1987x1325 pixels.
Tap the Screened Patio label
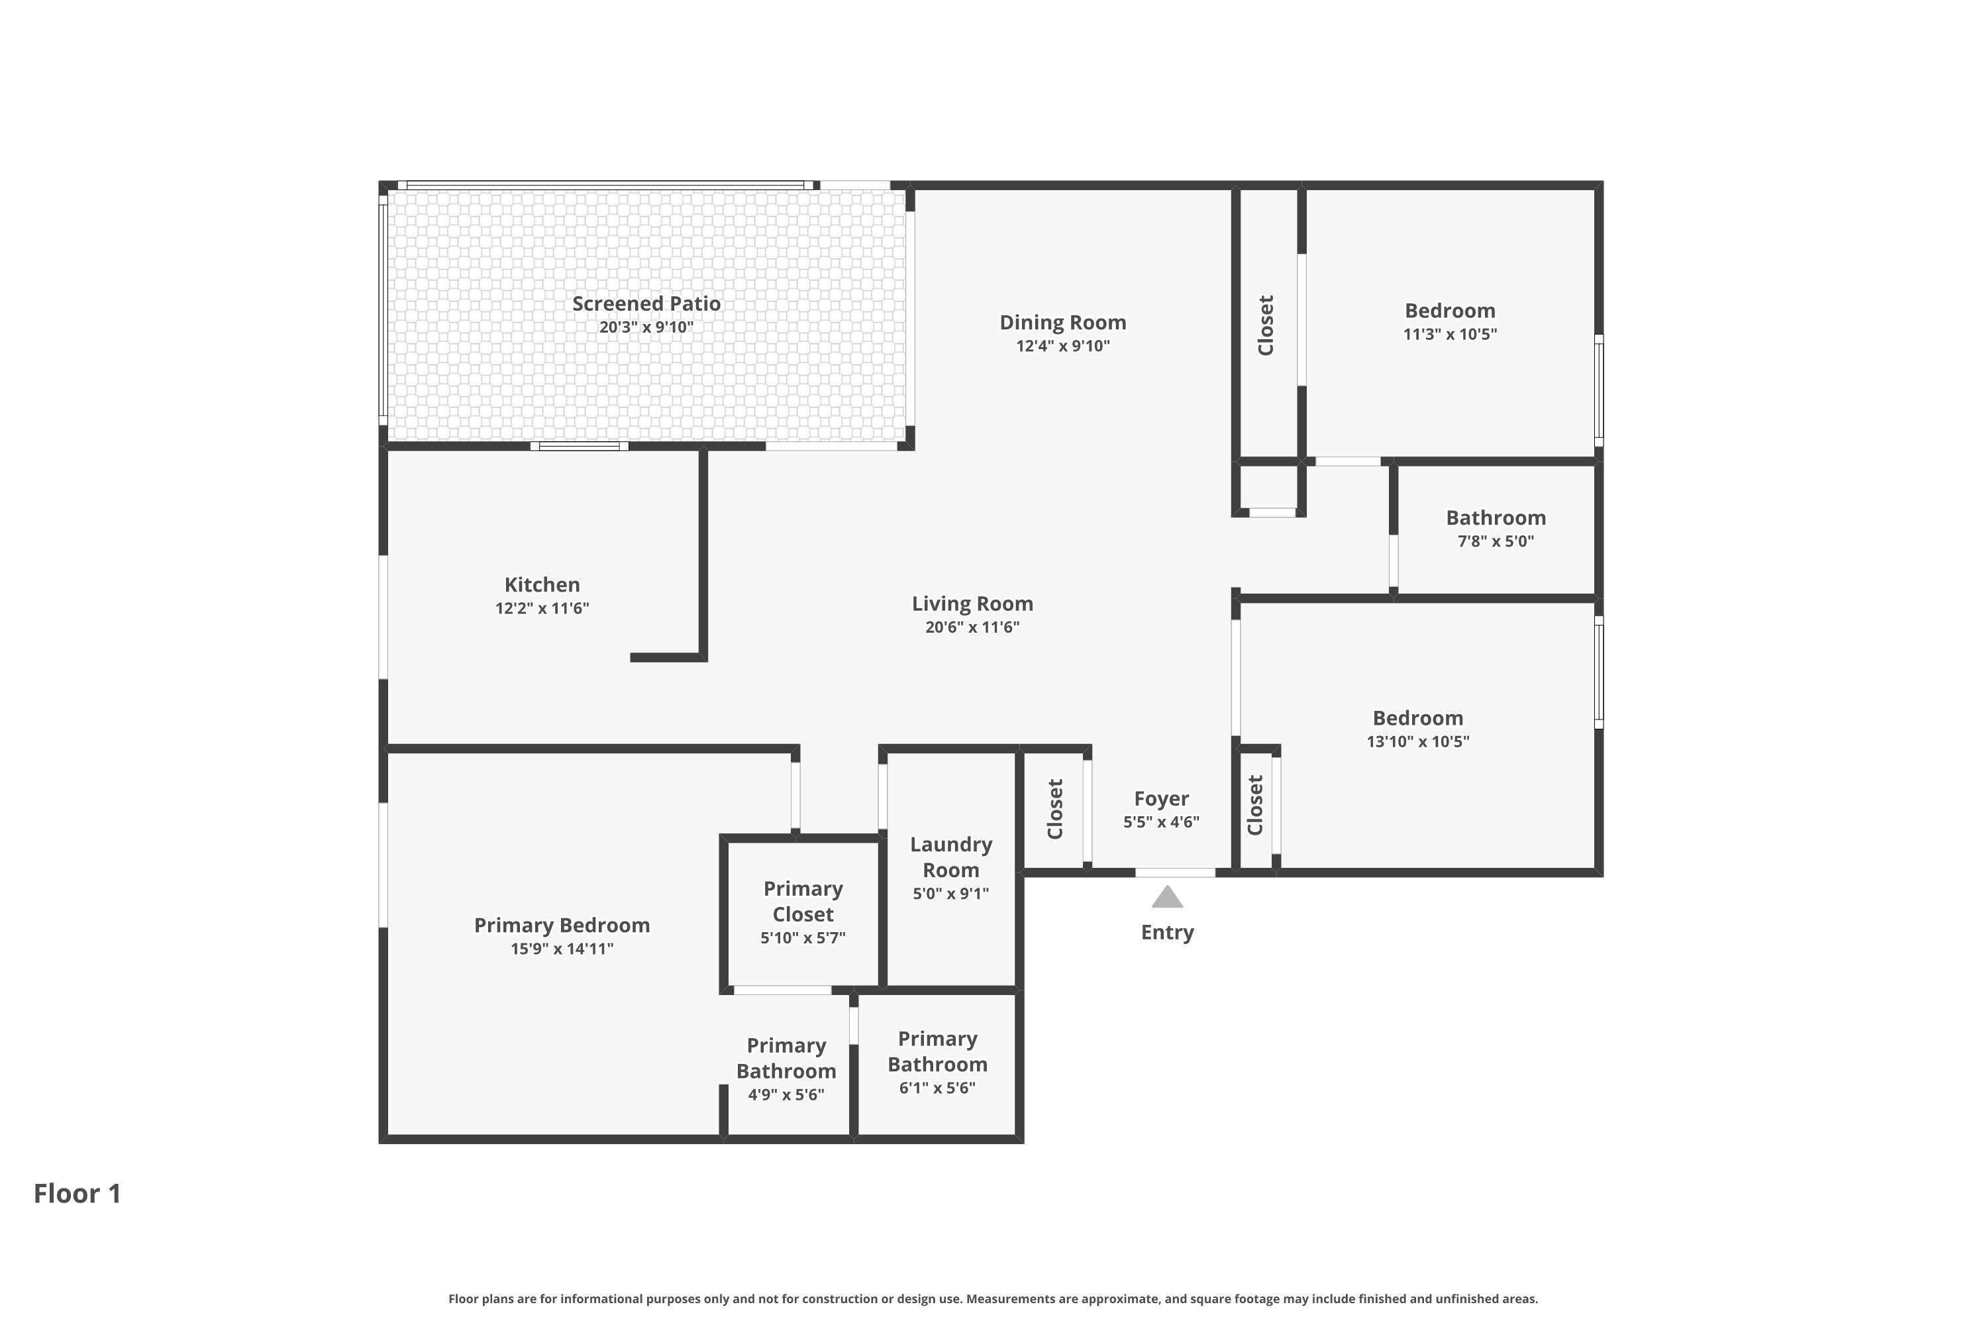(646, 303)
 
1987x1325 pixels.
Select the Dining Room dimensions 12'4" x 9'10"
(1063, 346)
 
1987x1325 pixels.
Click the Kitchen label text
(542, 585)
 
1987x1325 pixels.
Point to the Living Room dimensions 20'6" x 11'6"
(972, 627)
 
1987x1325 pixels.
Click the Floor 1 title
(77, 1193)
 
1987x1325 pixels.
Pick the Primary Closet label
(803, 902)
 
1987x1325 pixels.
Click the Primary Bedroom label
(562, 926)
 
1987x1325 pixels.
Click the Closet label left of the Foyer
(1054, 810)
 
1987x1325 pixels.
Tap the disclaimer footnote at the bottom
(993, 1298)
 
